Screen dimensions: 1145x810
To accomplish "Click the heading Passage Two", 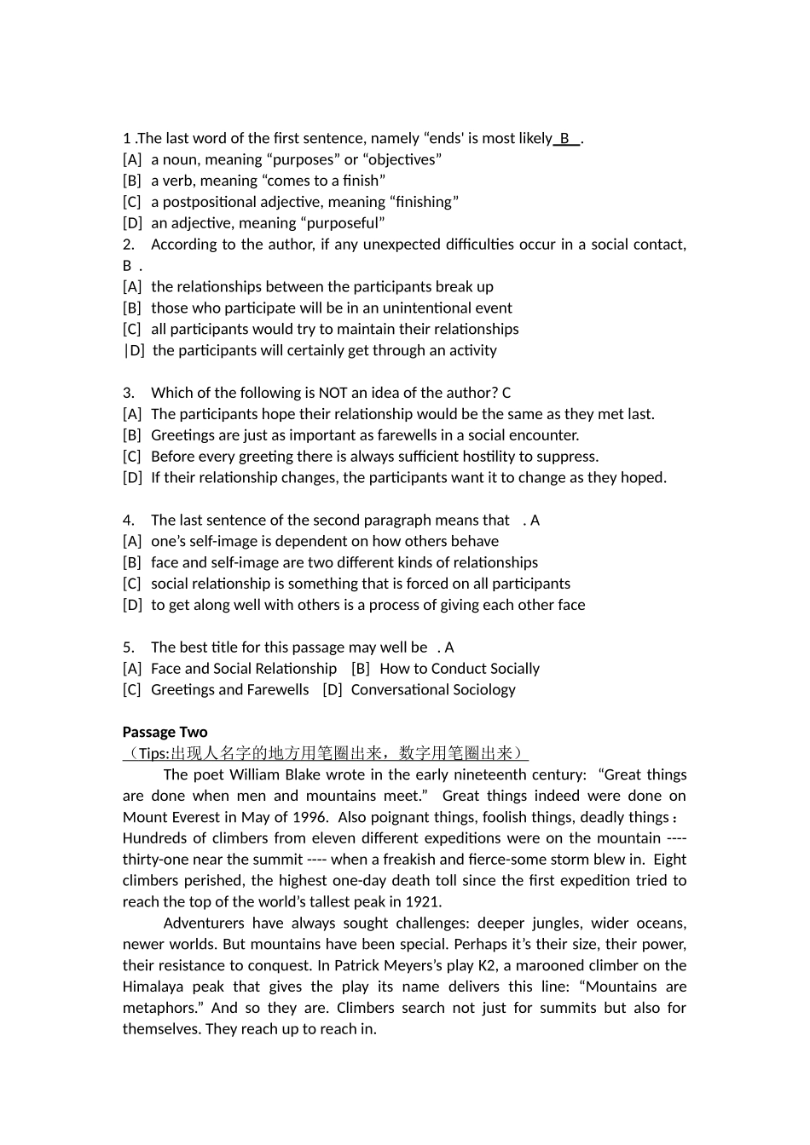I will pyautogui.click(x=165, y=732).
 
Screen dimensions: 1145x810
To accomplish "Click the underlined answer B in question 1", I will pyautogui.click(x=564, y=138).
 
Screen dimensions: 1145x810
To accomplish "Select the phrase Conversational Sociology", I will pyautogui.click(x=433, y=690).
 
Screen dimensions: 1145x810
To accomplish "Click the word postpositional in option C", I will pyautogui.click(x=210, y=202).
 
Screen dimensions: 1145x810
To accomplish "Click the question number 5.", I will pyautogui.click(x=129, y=647).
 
